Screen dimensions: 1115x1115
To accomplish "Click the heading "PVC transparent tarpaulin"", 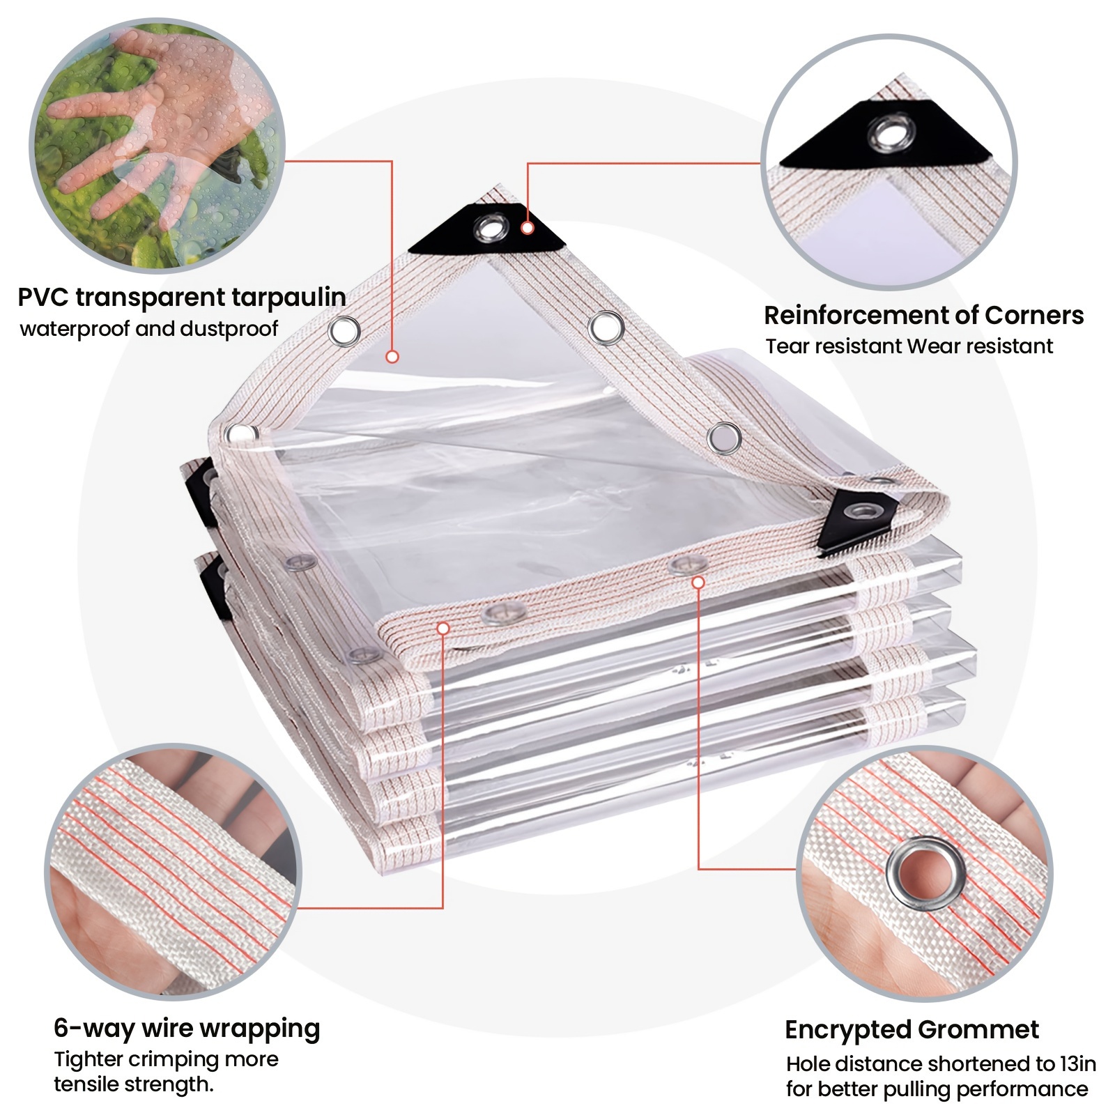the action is pos(182,298).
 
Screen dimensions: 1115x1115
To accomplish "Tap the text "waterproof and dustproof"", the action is pos(149,328).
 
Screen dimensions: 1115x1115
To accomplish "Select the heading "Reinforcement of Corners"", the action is pos(924,315).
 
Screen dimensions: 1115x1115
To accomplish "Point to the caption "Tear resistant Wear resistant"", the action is pos(909,346).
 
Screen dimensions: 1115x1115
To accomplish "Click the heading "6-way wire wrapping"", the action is pos(187,1029).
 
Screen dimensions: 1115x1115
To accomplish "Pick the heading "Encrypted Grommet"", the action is pos(912,1029).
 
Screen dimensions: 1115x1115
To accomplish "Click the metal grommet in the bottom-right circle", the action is pos(926,874).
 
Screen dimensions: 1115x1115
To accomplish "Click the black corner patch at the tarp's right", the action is pos(856,522).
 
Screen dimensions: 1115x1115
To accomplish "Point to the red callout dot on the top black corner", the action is pos(528,228).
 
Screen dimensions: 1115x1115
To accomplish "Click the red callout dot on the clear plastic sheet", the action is pos(392,357).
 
